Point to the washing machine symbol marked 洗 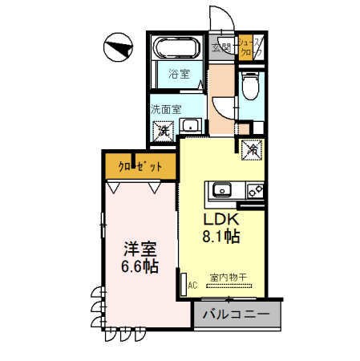(163, 128)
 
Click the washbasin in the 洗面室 (191, 126)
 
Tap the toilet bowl (250, 83)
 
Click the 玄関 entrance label (221, 47)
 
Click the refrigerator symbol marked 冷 (250, 148)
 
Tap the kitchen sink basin (221, 190)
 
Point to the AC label (192, 284)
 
